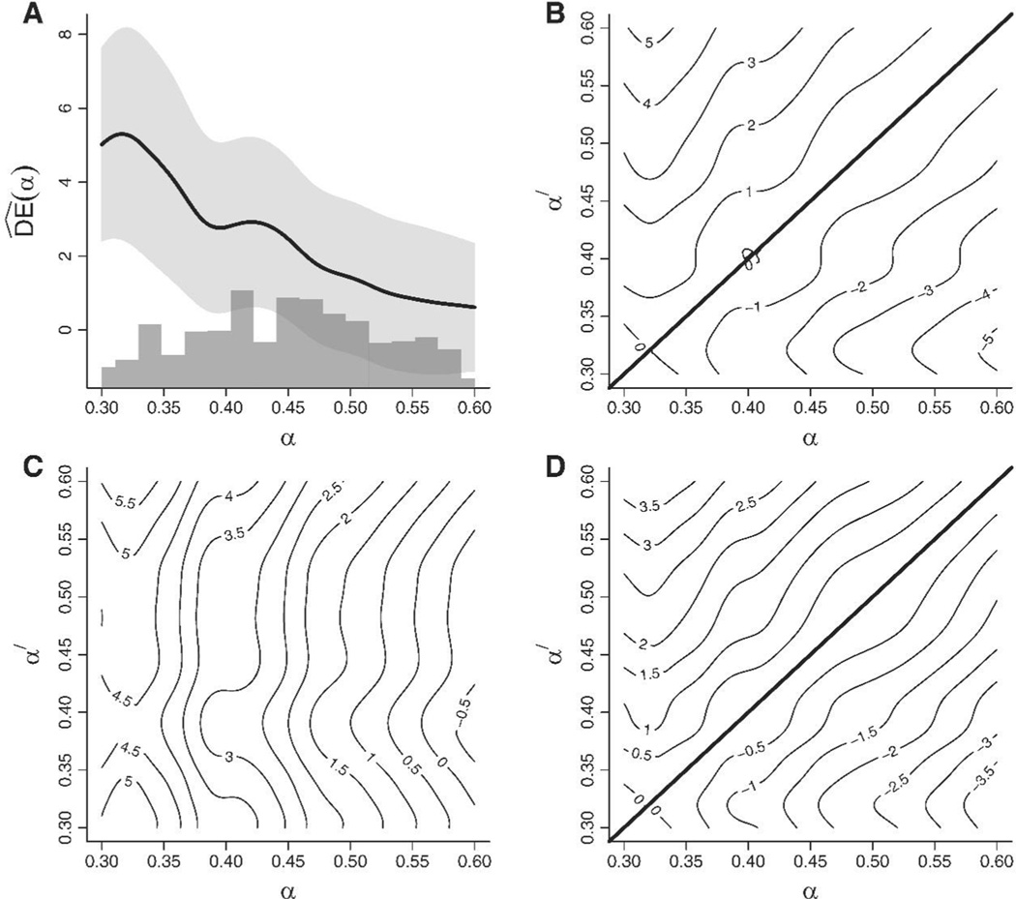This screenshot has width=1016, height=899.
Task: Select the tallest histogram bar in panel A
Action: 242,339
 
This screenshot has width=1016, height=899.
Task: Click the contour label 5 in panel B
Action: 650,42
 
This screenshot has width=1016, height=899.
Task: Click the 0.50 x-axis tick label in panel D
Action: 873,861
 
